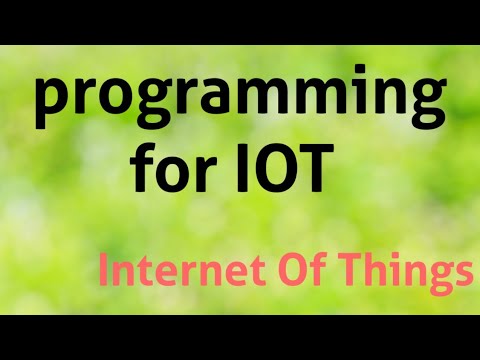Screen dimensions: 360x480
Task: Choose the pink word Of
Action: coord(282,270)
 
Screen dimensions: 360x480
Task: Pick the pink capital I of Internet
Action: coord(104,270)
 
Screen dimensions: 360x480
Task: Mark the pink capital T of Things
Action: coord(341,270)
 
